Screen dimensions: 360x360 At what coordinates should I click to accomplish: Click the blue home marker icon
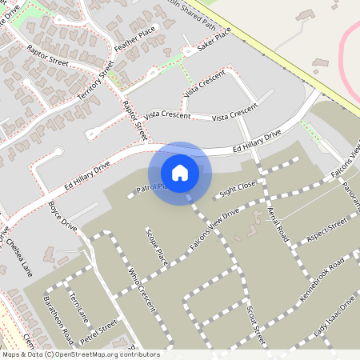pyautogui.click(x=180, y=173)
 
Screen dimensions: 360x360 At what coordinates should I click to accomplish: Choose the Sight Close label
pyautogui.click(x=238, y=189)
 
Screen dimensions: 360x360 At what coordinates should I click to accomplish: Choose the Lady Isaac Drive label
pyautogui.click(x=334, y=317)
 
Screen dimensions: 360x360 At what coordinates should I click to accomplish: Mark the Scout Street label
pyautogui.click(x=255, y=322)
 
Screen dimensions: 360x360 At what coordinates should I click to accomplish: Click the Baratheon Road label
pyautogui.click(x=58, y=321)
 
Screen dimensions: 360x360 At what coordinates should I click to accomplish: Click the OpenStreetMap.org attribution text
pyautogui.click(x=80, y=354)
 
